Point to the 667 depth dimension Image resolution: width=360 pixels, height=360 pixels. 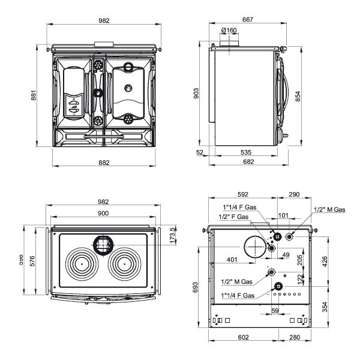(x=247, y=20)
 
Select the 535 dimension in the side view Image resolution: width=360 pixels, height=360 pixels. (x=247, y=153)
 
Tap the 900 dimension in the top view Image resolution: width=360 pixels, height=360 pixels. (x=103, y=214)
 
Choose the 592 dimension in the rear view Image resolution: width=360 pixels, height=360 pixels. (x=242, y=194)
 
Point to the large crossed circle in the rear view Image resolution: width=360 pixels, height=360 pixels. (x=254, y=247)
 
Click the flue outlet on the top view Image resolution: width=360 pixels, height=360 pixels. (x=103, y=244)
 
